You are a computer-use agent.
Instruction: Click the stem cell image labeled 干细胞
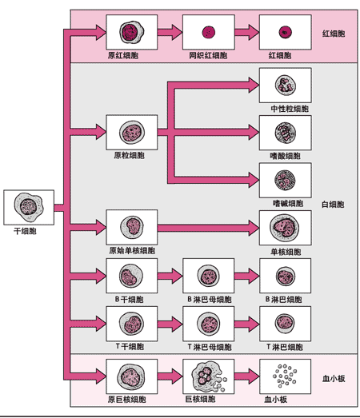(29, 207)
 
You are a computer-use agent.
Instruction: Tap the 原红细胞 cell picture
(130, 33)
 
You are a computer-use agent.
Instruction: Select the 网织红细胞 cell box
(208, 33)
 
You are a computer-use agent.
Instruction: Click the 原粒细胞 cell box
(130, 132)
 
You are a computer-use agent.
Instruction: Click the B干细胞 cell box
(130, 277)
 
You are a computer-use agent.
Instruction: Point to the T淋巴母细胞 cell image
(208, 324)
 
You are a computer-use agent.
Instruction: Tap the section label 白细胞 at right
(332, 205)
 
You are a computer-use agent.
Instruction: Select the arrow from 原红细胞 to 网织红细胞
(169, 33)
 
